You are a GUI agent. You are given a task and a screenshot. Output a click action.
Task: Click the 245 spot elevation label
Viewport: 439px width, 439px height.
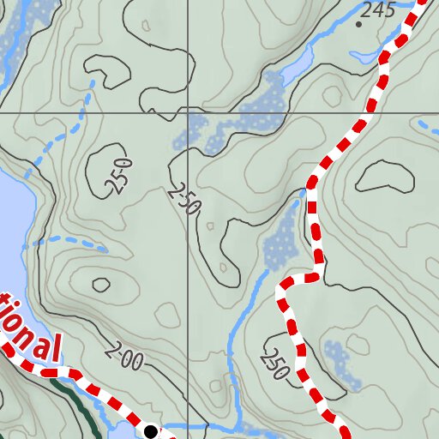coord(378,10)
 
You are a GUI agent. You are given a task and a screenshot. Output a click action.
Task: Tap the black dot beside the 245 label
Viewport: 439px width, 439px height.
coord(358,24)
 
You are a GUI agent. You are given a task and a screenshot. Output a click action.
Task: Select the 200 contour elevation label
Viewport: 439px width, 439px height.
coord(124,358)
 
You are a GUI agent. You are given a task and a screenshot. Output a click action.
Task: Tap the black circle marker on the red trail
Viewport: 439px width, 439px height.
coord(151,430)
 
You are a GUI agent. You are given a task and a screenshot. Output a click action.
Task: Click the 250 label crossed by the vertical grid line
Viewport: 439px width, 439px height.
coord(183,200)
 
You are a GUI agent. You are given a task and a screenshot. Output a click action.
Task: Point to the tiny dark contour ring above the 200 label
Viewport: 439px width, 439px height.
coord(101,285)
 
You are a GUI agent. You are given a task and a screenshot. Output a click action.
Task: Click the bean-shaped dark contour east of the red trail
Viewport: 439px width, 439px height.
coord(384,176)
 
